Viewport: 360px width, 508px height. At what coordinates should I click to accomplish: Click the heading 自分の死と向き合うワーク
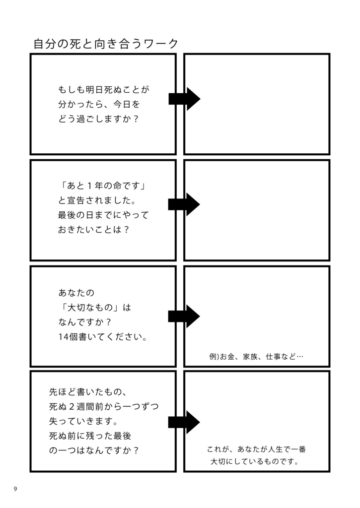click(106, 44)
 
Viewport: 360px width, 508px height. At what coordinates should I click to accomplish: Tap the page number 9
click(15, 489)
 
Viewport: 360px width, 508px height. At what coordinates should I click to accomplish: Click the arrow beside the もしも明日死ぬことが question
click(184, 99)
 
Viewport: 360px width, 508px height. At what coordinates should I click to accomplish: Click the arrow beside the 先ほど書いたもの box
click(184, 422)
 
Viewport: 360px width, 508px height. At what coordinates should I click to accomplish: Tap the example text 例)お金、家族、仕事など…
click(256, 356)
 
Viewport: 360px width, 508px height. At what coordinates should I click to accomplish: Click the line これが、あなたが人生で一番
click(256, 449)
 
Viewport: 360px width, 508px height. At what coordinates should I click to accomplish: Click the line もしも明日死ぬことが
click(104, 90)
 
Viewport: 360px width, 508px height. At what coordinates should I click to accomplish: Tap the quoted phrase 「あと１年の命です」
click(104, 186)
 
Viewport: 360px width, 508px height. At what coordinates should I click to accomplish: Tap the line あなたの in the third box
click(76, 292)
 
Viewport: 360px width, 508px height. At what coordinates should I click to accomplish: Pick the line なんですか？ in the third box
click(85, 322)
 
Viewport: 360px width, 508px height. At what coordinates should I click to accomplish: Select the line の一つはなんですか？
click(94, 450)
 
